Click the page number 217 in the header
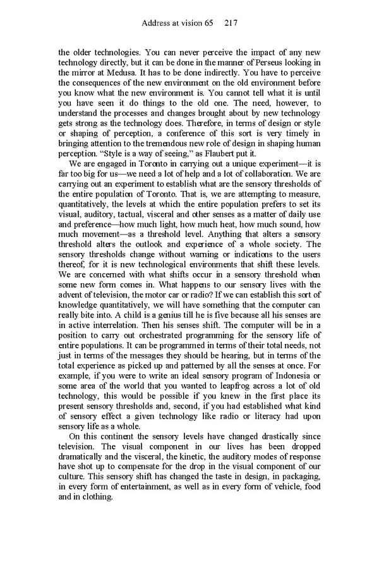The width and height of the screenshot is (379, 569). click(230, 23)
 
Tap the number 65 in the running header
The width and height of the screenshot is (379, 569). click(208, 23)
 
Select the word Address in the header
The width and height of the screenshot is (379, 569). click(156, 23)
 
